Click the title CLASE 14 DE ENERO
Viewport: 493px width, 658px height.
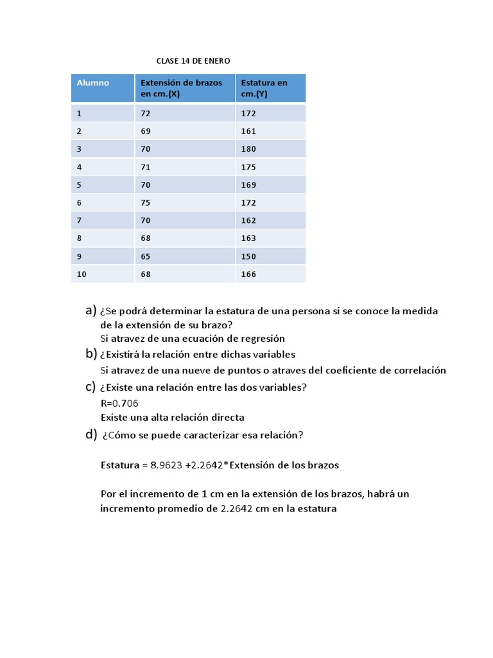[193, 60]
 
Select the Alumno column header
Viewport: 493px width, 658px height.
[93, 83]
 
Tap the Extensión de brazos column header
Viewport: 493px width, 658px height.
[182, 88]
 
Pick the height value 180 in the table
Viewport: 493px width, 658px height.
[248, 149]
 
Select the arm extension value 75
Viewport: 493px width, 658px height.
[146, 202]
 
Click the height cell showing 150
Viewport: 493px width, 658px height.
[248, 256]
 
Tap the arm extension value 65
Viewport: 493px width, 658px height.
[146, 256]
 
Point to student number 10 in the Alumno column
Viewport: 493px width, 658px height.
[81, 274]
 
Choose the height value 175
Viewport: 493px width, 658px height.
[248, 167]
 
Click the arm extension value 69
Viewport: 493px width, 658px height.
[146, 131]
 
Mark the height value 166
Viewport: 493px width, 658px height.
[248, 274]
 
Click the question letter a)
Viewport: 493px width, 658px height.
[91, 311]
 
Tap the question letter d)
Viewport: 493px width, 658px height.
[91, 435]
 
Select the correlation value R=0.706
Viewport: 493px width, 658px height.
[119, 404]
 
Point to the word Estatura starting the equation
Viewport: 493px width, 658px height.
[120, 465]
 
